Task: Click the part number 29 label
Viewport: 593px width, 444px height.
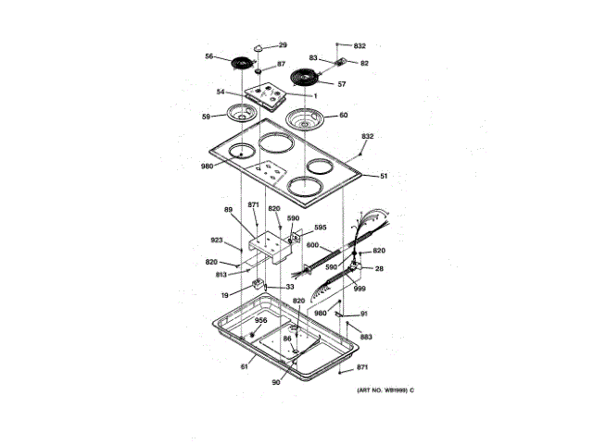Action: coord(284,45)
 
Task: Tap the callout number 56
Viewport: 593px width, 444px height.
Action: coord(209,56)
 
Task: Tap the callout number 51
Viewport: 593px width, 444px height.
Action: coord(384,176)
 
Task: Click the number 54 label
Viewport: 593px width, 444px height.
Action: coord(221,92)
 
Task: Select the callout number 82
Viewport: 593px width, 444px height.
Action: coord(364,63)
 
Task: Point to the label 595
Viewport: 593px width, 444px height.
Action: coord(320,228)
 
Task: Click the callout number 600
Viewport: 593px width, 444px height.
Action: coord(312,245)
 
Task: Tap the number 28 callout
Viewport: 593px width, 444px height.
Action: coord(379,268)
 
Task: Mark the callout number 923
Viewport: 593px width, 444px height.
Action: coord(217,240)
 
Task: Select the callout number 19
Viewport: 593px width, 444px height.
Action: coord(225,295)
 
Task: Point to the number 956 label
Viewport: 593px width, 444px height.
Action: coord(261,320)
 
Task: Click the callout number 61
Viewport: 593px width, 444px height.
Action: coord(245,367)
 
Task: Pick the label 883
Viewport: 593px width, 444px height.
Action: coord(366,337)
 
